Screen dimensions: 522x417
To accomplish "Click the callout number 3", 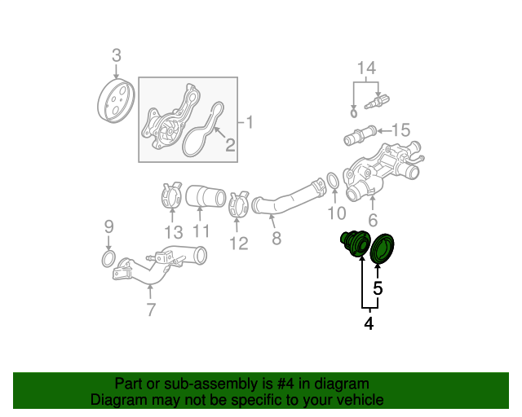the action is (116, 55).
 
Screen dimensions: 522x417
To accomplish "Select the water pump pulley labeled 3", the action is (116, 101).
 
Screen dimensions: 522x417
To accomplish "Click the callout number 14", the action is (366, 68).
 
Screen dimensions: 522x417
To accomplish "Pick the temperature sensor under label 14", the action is (377, 101).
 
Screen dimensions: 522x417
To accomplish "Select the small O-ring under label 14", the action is (353, 113).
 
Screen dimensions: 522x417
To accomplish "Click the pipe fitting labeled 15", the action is (360, 135).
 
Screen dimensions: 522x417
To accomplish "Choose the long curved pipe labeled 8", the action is (288, 198).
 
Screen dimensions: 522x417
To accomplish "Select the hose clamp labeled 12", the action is (238, 204).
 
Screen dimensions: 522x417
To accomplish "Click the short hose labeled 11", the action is (206, 196).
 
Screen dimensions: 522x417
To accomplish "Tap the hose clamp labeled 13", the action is (172, 195).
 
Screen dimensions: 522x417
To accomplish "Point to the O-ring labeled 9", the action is (108, 259).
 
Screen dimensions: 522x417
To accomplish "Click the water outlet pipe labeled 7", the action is (159, 265).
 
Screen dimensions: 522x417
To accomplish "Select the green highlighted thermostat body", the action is (356, 244).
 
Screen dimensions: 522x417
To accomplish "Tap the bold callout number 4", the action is (369, 323).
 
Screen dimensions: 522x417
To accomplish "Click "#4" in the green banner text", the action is (285, 384).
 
